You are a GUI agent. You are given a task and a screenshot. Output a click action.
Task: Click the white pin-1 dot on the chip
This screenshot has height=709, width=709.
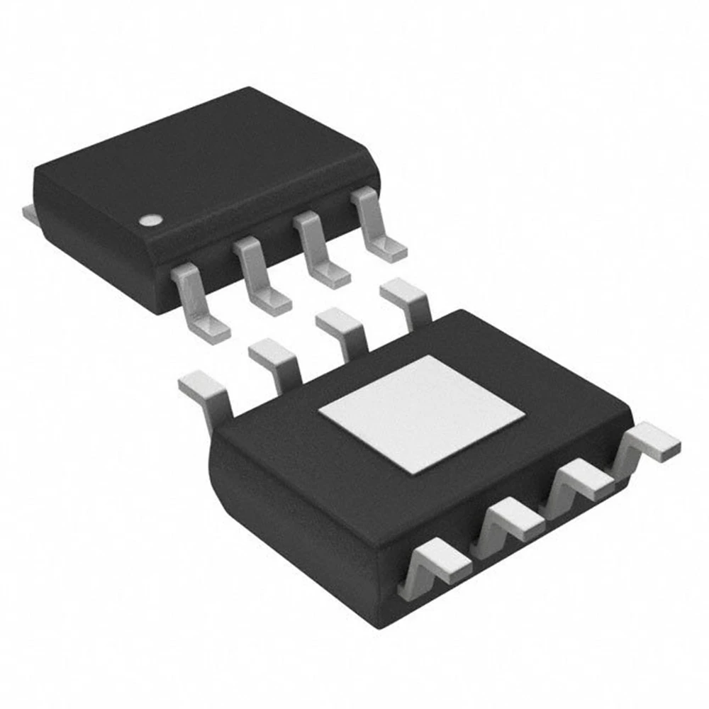point(150,220)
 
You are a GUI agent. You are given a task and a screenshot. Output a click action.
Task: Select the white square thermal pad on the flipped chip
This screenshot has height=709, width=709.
point(421,414)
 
